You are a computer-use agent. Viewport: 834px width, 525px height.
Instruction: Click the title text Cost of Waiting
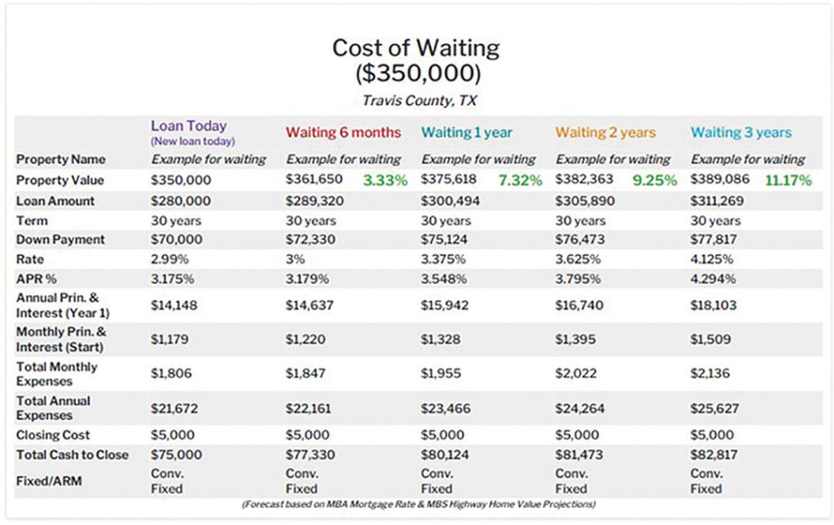[416, 48]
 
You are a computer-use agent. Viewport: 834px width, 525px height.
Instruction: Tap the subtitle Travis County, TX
[419, 100]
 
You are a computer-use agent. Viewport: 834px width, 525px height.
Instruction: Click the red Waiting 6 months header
[343, 133]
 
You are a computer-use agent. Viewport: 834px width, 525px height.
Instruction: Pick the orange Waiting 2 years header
[605, 133]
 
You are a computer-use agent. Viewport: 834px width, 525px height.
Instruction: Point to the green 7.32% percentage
[520, 180]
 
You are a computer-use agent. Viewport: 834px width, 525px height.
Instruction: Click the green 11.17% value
[788, 180]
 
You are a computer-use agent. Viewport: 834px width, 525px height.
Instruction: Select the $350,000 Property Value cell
[181, 180]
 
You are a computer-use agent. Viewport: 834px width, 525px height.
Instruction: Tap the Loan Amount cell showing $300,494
[450, 201]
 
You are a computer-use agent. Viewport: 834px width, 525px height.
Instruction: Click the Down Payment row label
[60, 239]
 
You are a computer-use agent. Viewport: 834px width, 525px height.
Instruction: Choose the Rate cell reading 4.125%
[712, 260]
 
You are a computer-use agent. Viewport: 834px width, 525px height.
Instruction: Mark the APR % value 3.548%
[444, 279]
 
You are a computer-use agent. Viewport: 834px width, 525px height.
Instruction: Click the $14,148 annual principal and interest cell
[174, 305]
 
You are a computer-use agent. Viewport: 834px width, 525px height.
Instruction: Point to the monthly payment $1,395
[576, 339]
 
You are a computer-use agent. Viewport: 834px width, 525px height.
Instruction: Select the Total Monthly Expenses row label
[57, 374]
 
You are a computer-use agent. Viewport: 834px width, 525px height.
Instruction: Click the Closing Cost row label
[53, 435]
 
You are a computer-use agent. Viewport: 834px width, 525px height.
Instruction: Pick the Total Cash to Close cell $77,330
[310, 455]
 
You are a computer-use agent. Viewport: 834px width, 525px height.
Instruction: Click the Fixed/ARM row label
[49, 481]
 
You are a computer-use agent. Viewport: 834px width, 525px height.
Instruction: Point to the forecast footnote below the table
[419, 504]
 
